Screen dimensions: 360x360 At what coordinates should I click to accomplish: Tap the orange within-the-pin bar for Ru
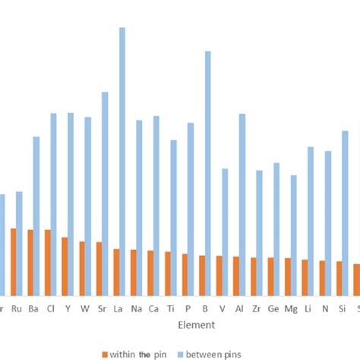[14, 262]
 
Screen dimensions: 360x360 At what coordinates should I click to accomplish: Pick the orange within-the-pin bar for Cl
[48, 263]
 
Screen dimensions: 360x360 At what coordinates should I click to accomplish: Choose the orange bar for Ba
[30, 263]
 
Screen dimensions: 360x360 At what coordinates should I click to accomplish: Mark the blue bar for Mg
[294, 235]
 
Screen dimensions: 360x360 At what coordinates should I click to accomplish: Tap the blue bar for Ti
[173, 217]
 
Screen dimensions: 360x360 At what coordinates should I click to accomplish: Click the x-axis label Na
[136, 308]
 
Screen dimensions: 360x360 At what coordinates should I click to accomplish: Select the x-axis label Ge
[273, 308]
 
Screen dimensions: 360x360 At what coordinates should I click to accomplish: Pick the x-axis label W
[84, 308]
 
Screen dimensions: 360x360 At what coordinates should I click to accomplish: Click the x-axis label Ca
[153, 308]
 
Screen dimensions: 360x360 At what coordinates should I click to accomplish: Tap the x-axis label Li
[308, 308]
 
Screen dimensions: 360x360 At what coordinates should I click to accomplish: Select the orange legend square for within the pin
[105, 353]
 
